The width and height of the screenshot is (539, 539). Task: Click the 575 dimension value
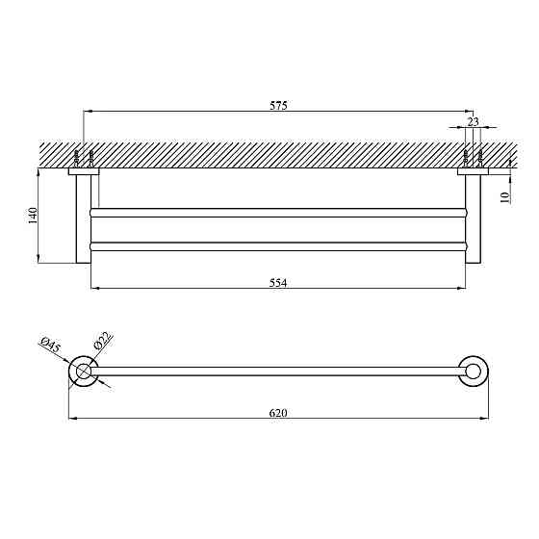[278, 105]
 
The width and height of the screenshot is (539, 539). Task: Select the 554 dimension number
[278, 283]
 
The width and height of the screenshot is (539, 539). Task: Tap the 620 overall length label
[278, 413]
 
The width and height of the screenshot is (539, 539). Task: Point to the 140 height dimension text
[33, 216]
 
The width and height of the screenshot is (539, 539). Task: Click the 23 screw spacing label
[473, 121]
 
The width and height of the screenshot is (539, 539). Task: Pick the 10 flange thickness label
[505, 197]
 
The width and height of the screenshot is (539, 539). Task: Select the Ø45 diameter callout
[50, 345]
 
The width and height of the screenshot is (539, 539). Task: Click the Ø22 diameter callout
[101, 340]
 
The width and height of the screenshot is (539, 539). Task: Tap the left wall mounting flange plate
[84, 171]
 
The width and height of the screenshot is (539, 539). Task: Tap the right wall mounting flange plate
[473, 171]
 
